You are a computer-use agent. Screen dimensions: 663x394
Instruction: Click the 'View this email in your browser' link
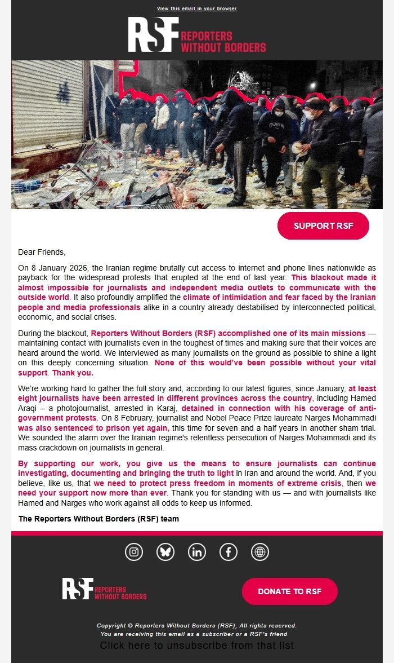(196, 9)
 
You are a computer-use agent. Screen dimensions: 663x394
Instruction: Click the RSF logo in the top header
(196, 35)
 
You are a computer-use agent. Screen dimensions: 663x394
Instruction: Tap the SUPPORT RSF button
(323, 226)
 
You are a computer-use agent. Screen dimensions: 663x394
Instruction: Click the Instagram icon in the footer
(134, 552)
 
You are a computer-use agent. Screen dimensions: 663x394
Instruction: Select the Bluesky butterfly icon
(165, 552)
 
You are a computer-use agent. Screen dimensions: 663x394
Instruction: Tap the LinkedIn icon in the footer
(197, 552)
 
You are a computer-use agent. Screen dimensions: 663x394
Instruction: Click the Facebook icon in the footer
(229, 552)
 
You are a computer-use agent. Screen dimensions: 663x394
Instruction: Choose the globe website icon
(260, 552)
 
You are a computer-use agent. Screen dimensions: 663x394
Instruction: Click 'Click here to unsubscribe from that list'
(196, 646)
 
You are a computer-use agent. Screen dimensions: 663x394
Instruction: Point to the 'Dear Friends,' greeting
(42, 252)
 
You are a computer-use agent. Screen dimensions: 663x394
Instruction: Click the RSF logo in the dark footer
(104, 589)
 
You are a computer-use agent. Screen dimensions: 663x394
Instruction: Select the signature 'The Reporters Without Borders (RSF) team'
(98, 519)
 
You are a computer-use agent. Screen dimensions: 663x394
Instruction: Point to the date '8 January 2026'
(60, 268)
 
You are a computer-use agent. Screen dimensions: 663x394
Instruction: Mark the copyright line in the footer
(196, 625)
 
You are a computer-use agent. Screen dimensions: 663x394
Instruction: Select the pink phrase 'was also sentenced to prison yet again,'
(93, 428)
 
